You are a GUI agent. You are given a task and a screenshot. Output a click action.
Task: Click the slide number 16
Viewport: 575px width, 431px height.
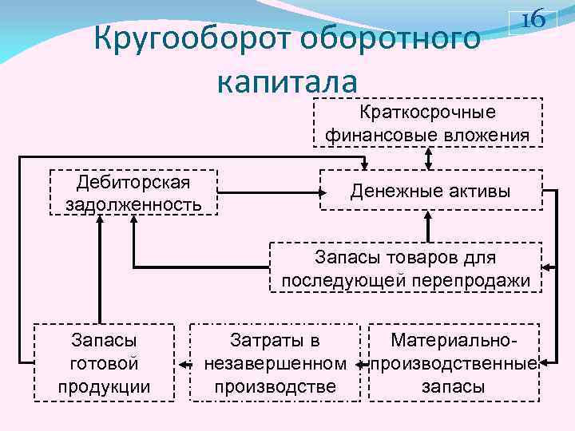[x=533, y=20]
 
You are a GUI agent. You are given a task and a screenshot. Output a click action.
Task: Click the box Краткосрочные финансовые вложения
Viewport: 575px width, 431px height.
[x=427, y=123]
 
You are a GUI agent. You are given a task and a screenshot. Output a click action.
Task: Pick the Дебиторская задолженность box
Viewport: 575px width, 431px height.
[x=133, y=192]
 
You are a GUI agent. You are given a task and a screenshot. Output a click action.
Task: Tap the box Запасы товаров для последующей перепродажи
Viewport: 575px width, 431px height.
[x=406, y=269]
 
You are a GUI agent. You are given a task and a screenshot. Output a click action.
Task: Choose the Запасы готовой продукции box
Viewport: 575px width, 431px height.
[x=104, y=363]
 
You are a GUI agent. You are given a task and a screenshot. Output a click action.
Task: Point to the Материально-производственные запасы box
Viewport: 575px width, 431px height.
[x=452, y=363]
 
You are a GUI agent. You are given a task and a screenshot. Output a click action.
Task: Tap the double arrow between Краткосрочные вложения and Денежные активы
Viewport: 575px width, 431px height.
[x=429, y=158]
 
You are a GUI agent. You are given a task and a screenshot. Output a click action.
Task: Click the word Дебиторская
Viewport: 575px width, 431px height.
[x=133, y=181]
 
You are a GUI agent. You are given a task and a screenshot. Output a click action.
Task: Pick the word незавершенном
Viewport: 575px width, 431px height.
[x=275, y=364]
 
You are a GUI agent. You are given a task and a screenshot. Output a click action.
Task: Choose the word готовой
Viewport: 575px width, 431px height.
[x=104, y=364]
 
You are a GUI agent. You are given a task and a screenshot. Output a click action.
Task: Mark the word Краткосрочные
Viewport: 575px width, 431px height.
[x=428, y=112]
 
